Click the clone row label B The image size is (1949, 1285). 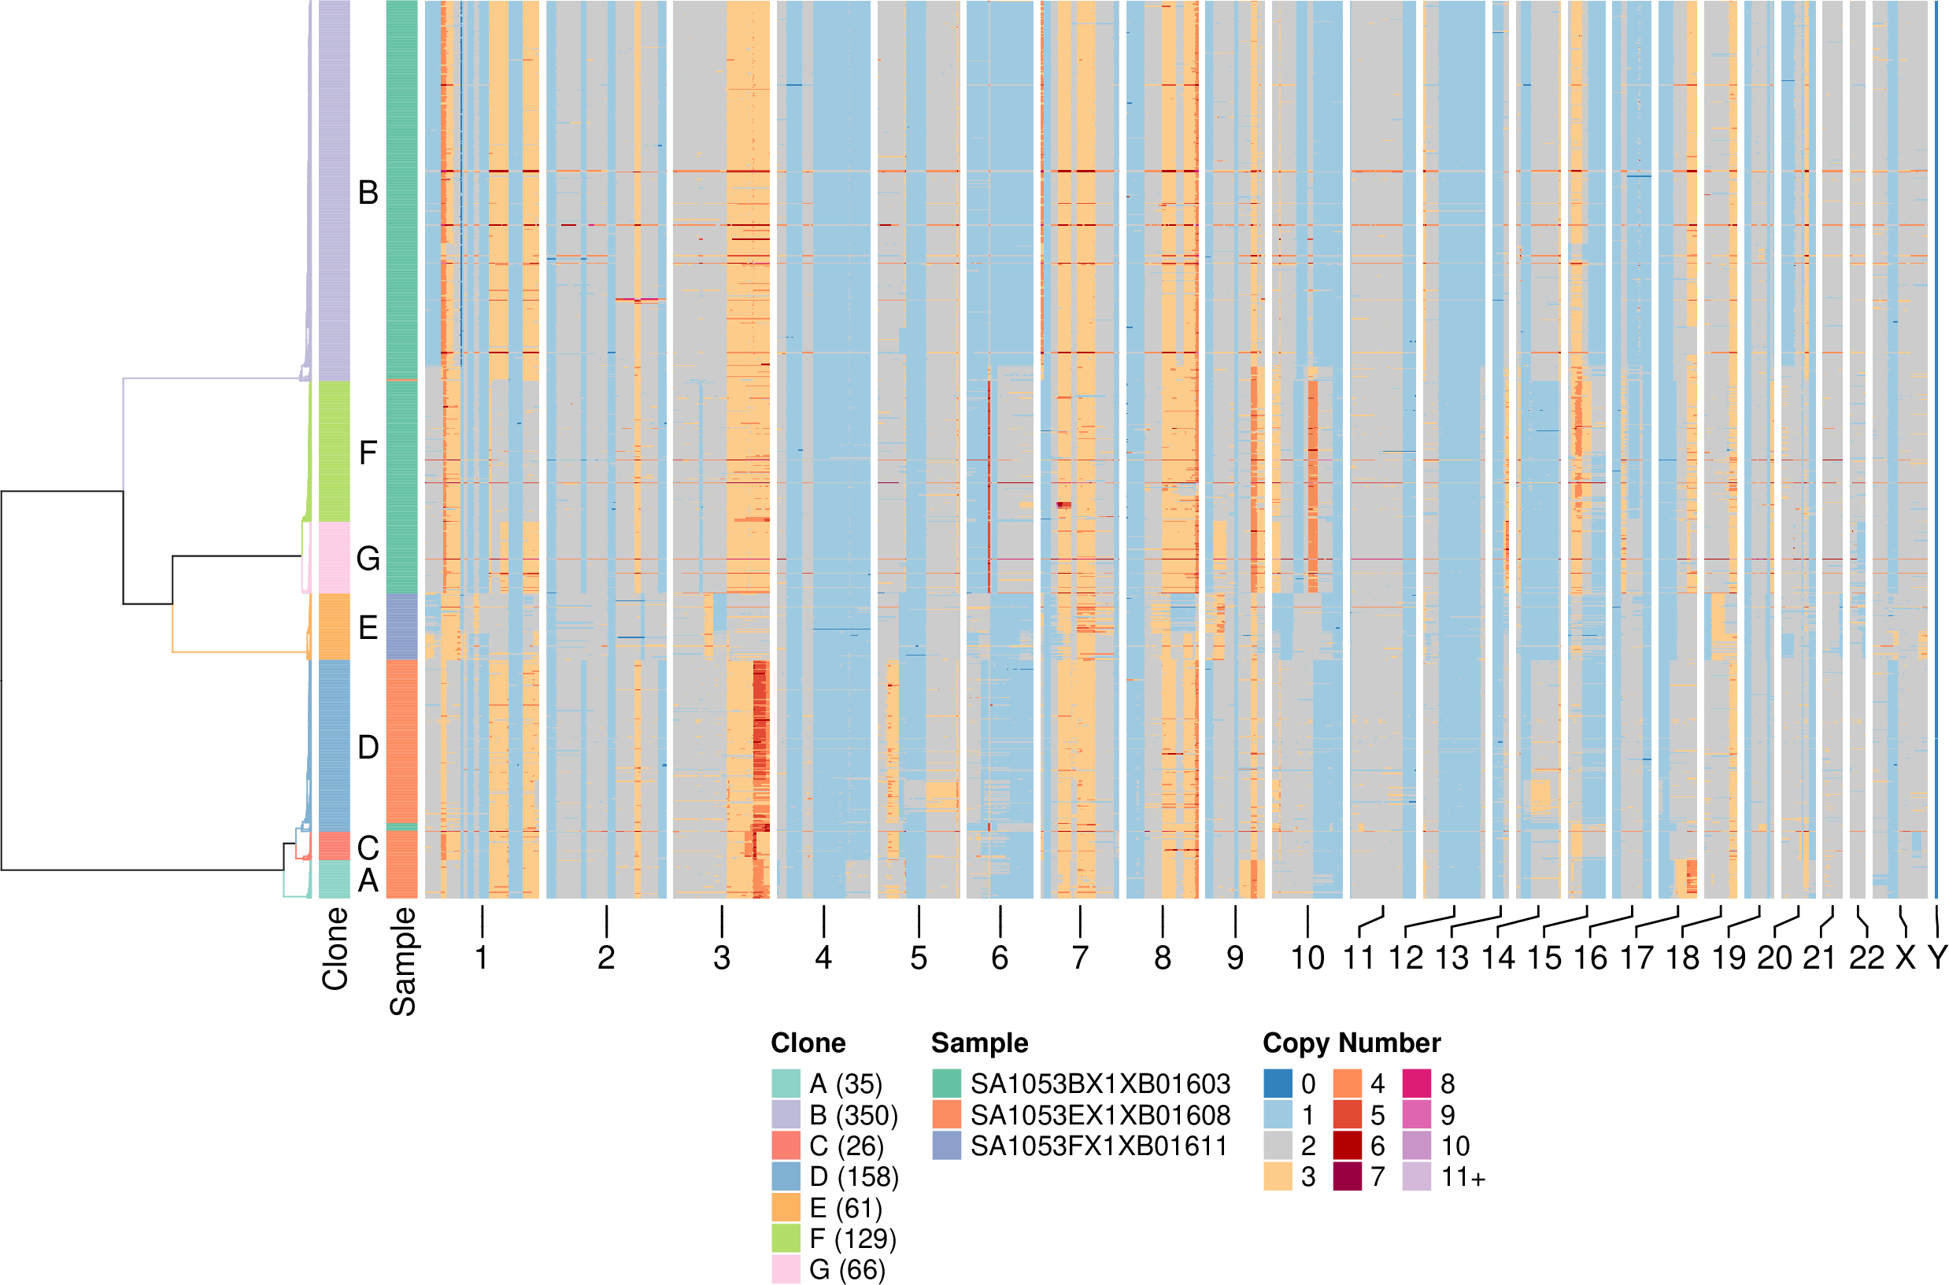tap(368, 193)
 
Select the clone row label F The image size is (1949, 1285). tap(368, 452)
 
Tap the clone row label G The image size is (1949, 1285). tap(368, 558)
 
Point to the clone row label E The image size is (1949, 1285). tap(368, 628)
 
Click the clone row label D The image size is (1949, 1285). tap(368, 748)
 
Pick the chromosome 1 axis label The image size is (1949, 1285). tap(482, 957)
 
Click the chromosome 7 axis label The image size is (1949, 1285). tap(1080, 957)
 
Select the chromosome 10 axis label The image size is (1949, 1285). tap(1307, 957)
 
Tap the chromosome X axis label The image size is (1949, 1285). tap(1906, 957)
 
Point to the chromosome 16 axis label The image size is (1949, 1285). tap(1590, 957)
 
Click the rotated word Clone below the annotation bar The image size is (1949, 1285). tap(335, 948)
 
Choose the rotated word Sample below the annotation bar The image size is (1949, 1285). tap(402, 962)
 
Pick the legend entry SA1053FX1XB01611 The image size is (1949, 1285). tap(1099, 1146)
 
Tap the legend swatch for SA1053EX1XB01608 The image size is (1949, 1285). tap(947, 1114)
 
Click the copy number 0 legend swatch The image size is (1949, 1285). tap(1278, 1084)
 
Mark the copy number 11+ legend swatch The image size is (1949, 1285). tap(1417, 1177)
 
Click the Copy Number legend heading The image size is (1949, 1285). tap(1352, 1043)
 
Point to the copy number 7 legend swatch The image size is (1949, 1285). tap(1348, 1177)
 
